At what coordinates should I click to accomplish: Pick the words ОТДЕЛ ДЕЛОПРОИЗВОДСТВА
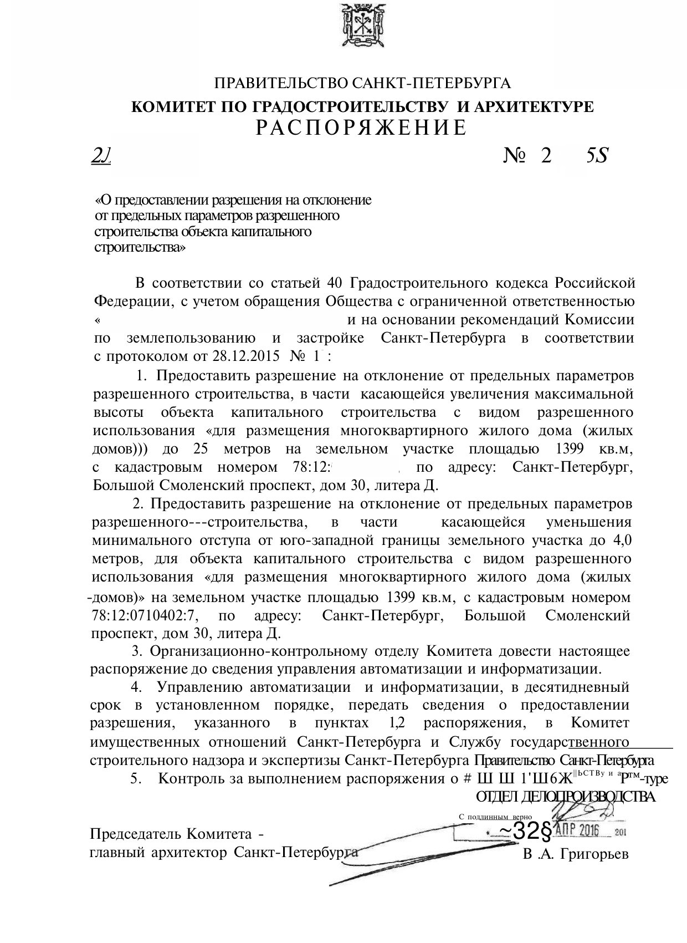tap(565, 797)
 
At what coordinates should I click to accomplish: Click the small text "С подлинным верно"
tap(495, 817)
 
